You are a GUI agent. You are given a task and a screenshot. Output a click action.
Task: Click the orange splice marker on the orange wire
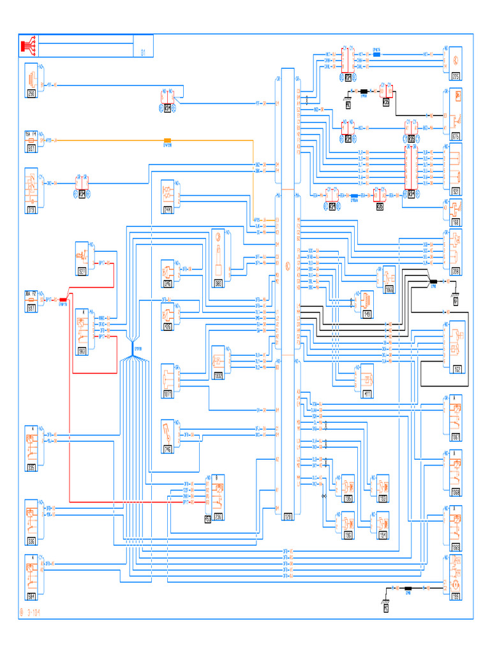(x=168, y=140)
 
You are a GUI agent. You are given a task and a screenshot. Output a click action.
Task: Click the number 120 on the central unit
(x=288, y=518)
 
